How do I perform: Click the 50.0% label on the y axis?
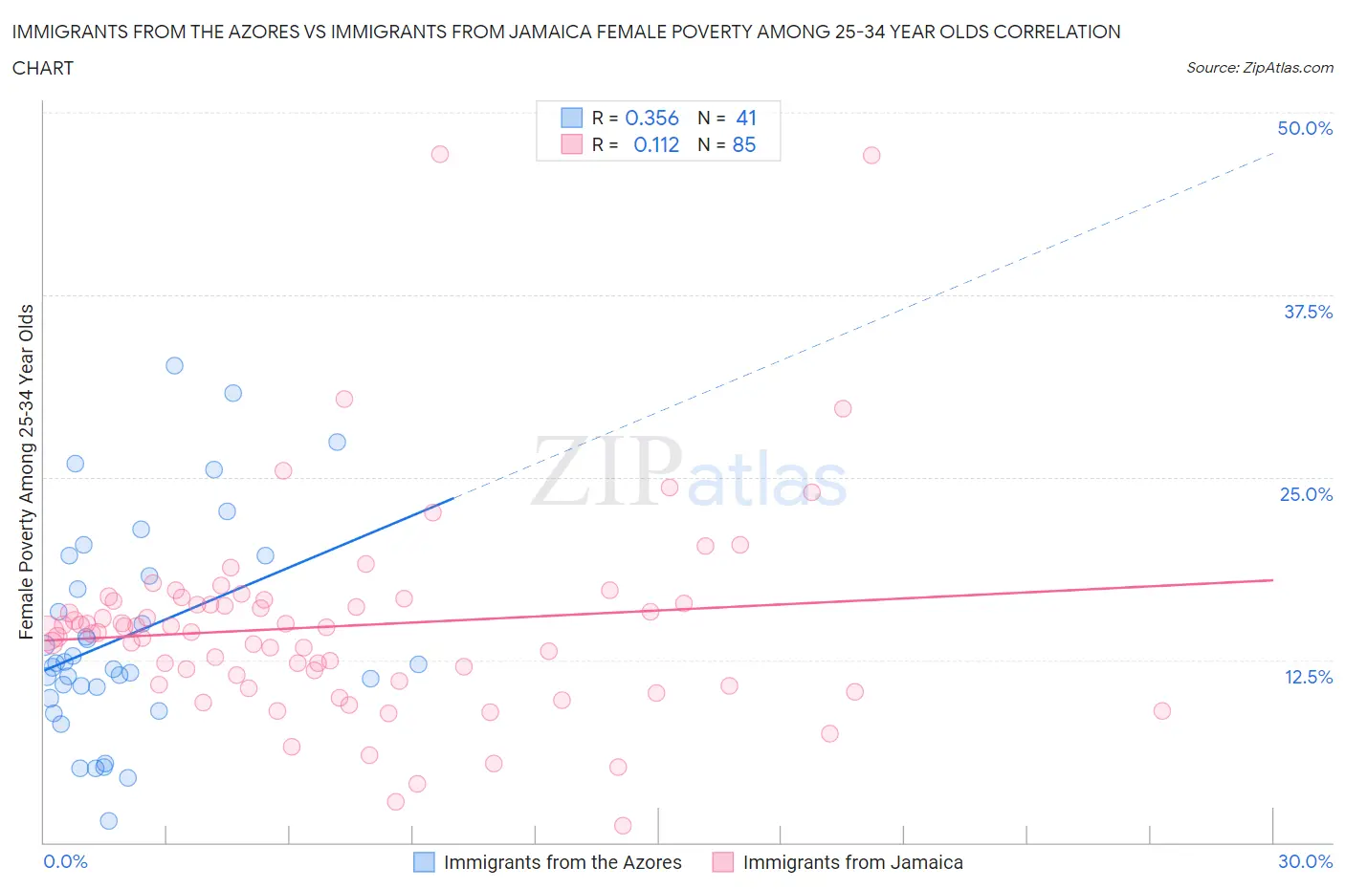[x=1305, y=128]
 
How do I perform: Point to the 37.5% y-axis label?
[x=1308, y=312]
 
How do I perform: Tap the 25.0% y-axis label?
[x=1306, y=494]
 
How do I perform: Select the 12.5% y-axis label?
[x=1308, y=677]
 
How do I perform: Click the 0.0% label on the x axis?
[x=65, y=861]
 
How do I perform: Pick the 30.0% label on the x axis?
[x=1305, y=861]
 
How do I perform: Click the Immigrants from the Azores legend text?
[x=562, y=862]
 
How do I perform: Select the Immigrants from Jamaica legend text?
[x=852, y=862]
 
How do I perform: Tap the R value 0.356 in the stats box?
[x=651, y=118]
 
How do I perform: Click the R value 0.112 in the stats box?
[x=656, y=144]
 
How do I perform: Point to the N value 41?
[x=746, y=118]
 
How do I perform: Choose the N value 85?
[x=744, y=144]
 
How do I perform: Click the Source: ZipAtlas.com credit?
[x=1259, y=68]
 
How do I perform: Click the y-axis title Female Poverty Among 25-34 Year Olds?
[x=26, y=471]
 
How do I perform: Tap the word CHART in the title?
[x=43, y=68]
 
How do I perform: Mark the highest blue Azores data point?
[x=174, y=365]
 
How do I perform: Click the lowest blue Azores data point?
[x=109, y=820]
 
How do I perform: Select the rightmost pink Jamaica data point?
[x=1162, y=710]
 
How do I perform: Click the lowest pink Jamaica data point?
[x=623, y=825]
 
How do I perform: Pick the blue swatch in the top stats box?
[x=571, y=118]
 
